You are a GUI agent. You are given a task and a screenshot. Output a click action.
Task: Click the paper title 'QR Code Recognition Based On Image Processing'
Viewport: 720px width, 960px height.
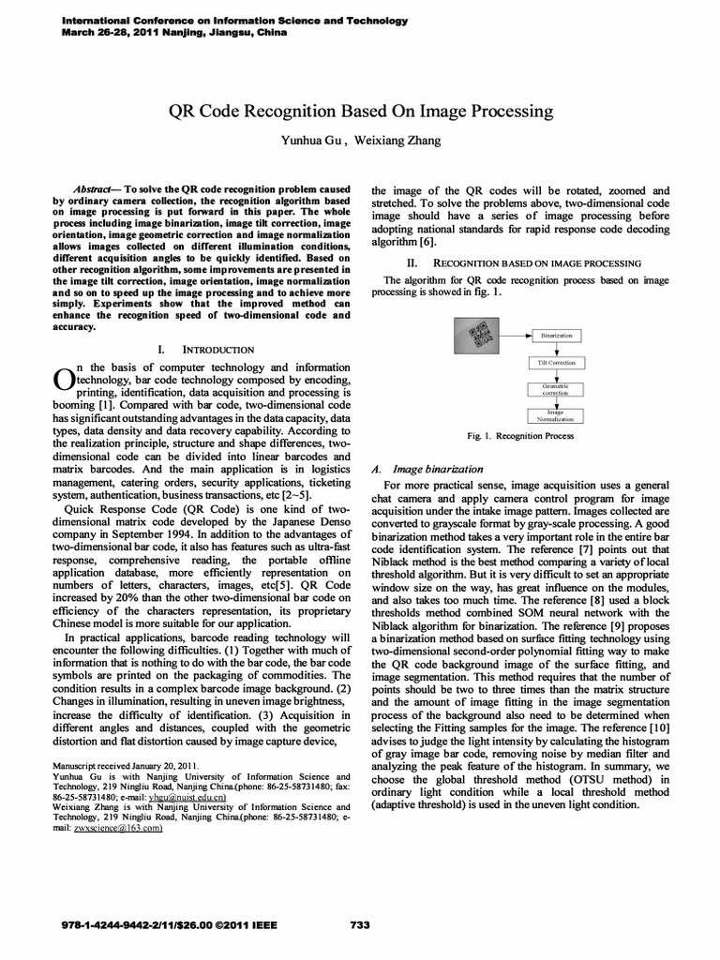tap(360, 112)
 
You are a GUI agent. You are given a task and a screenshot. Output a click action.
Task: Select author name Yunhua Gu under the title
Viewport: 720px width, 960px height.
tap(313, 141)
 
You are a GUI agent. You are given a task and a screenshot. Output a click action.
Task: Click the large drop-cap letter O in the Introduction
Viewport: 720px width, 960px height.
tap(62, 377)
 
